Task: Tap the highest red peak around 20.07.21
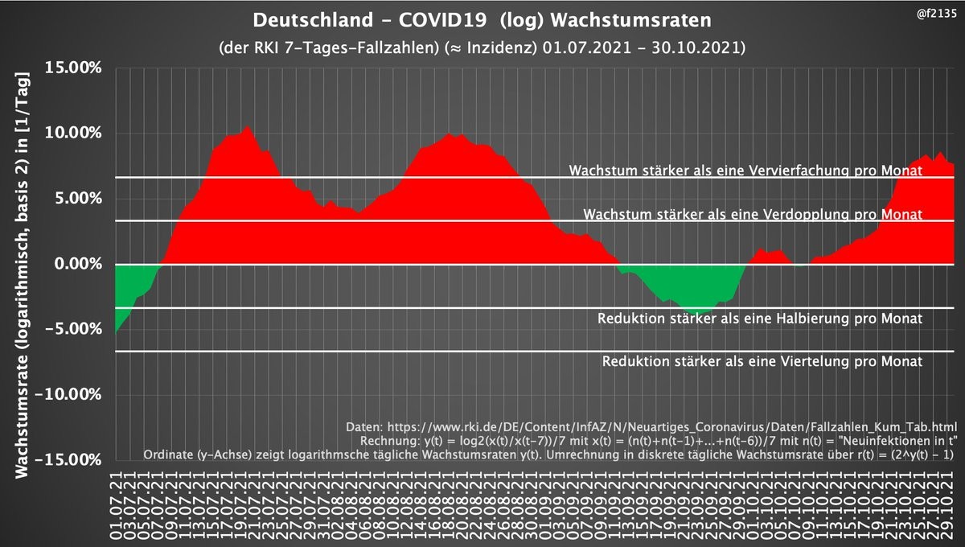point(248,126)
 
